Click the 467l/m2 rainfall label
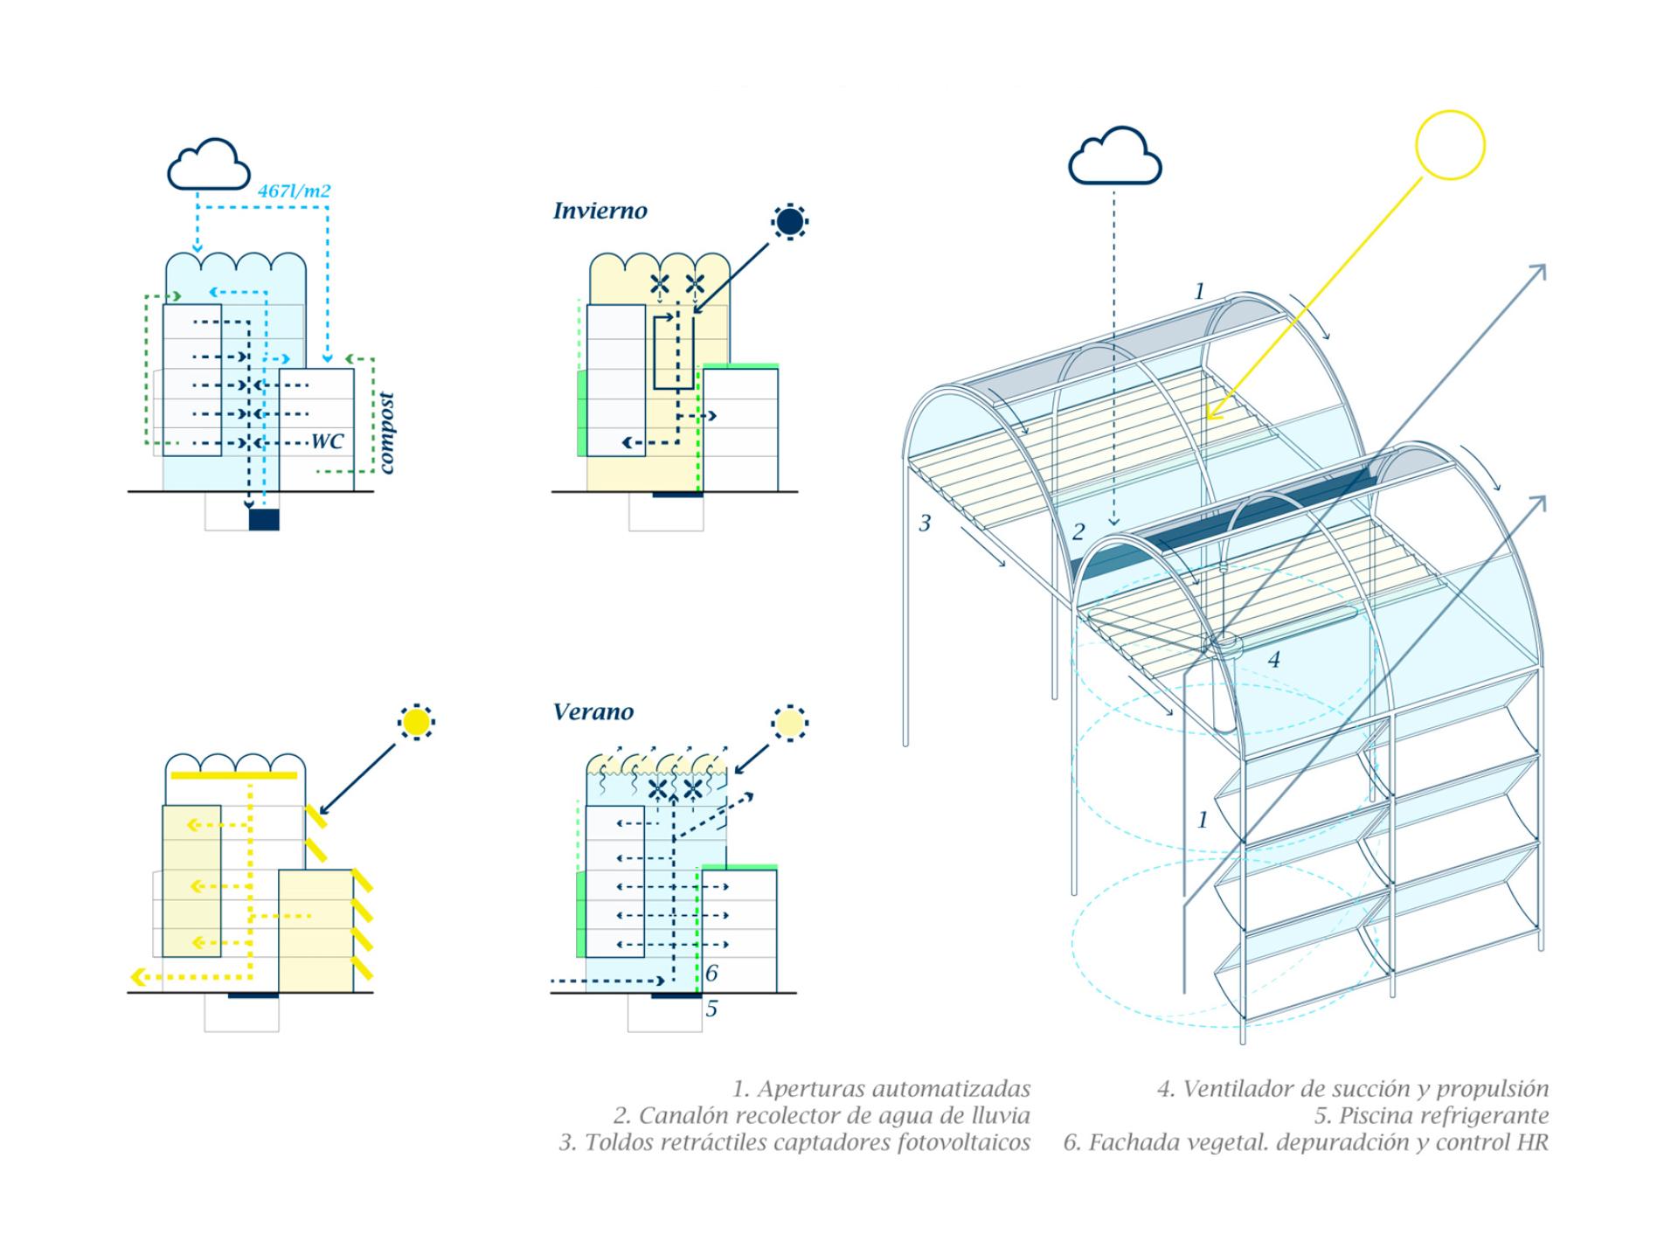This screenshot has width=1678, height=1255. tap(294, 191)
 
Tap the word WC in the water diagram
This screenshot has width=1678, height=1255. tap(328, 441)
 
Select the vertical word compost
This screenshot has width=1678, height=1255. tap(386, 433)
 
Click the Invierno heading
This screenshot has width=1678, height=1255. tap(600, 211)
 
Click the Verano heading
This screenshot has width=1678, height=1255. tap(593, 712)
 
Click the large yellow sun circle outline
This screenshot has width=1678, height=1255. tap(1450, 145)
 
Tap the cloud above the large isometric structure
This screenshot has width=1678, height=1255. tap(1114, 157)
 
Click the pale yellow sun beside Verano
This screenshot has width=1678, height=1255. tap(789, 724)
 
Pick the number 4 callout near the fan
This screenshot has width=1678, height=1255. tap(1273, 660)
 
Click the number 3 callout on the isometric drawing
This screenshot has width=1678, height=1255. tap(925, 523)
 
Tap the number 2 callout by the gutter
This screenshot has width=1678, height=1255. tap(1078, 531)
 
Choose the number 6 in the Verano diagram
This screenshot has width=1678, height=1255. tap(711, 973)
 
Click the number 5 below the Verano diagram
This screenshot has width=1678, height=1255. tap(711, 1009)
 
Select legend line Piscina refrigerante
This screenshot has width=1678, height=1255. tap(1431, 1116)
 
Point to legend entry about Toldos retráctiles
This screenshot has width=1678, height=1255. tap(794, 1142)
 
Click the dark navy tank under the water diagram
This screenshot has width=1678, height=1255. tap(264, 520)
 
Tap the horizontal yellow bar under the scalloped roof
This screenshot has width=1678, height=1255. tap(234, 775)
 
